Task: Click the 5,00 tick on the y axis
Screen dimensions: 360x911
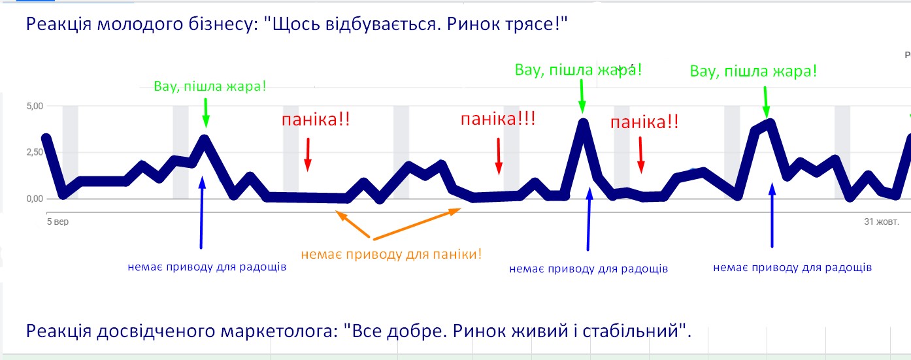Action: [33, 106]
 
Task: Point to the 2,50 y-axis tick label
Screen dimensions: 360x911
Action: [33, 152]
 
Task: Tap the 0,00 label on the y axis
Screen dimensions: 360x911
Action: [33, 199]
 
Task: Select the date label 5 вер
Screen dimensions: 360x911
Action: [58, 222]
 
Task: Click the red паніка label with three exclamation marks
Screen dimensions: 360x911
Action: [498, 120]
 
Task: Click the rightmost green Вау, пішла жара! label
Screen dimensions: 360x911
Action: [753, 70]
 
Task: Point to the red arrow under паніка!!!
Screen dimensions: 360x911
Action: [499, 157]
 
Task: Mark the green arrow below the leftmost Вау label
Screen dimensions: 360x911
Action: [206, 112]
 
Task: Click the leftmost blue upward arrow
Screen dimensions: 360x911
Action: [201, 212]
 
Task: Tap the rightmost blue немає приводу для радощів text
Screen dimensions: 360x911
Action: [792, 267]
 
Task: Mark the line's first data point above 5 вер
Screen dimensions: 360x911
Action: [46, 139]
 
